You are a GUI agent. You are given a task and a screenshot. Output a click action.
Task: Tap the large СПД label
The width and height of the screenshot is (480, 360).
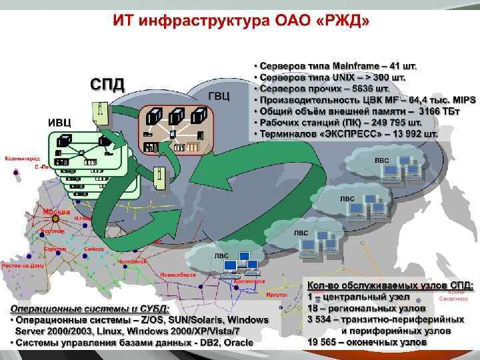pos(107,85)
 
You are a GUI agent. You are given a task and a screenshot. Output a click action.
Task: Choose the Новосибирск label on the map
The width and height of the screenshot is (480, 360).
pos(178,274)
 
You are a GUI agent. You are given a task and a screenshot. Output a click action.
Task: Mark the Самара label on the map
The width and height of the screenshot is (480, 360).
pos(94,249)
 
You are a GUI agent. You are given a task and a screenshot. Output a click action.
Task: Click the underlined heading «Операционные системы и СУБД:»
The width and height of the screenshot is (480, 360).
pos(89,309)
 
